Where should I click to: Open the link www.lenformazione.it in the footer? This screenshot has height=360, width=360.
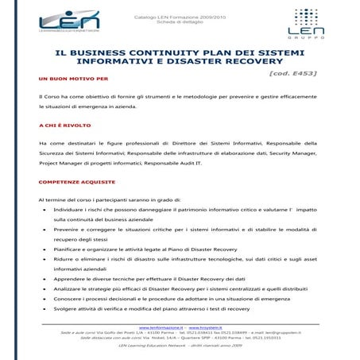coord(161,327)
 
